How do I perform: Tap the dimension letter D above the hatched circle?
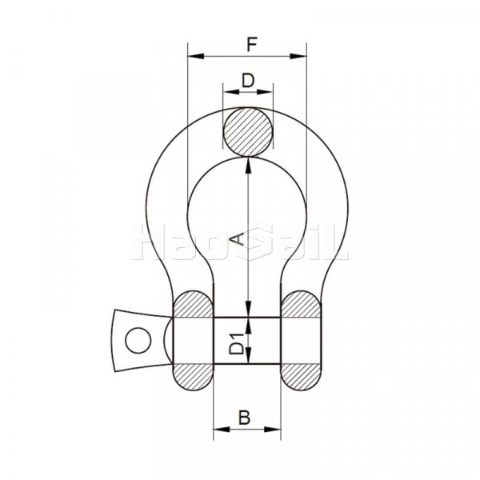click(x=248, y=80)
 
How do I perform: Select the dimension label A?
click(x=237, y=238)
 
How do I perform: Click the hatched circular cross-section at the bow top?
click(x=248, y=131)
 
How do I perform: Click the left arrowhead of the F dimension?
click(x=192, y=57)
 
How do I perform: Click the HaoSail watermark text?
click(x=245, y=244)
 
